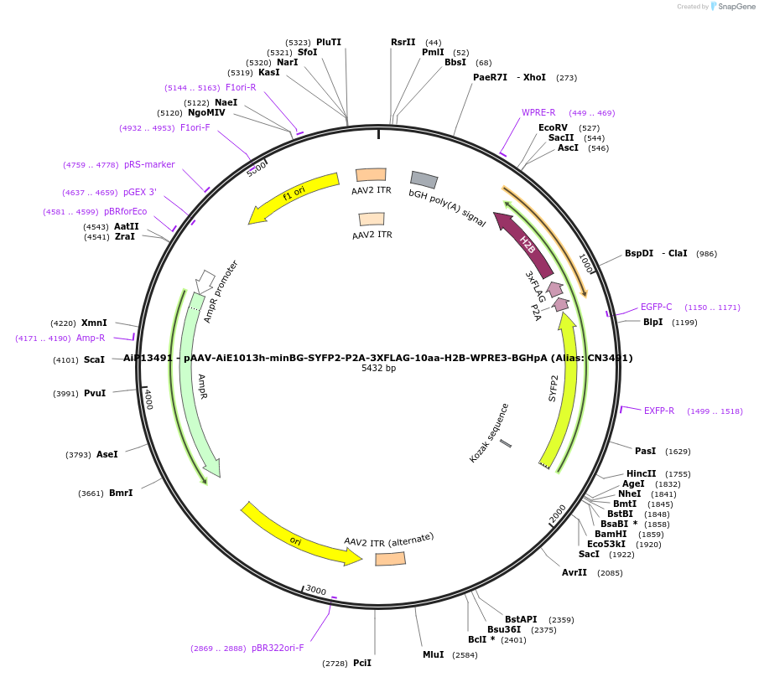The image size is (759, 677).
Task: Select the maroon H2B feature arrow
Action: click(524, 244)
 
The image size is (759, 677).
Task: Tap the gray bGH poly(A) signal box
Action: click(424, 179)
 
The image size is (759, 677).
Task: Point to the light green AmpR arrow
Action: click(198, 385)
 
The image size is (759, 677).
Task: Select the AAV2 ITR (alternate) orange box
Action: click(390, 559)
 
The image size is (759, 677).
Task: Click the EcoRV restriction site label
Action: click(553, 127)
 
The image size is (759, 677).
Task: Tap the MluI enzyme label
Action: click(434, 654)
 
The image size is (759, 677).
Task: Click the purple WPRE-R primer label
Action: click(538, 112)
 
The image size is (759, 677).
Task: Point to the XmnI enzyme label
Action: click(94, 323)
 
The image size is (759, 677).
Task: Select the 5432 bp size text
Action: click(378, 368)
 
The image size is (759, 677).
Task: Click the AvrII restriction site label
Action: click(574, 572)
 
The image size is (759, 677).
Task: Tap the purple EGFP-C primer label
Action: click(657, 307)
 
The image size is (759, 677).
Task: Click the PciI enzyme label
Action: click(362, 663)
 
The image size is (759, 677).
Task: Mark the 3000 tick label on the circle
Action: click(315, 590)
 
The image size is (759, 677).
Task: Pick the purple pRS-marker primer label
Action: click(149, 164)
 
